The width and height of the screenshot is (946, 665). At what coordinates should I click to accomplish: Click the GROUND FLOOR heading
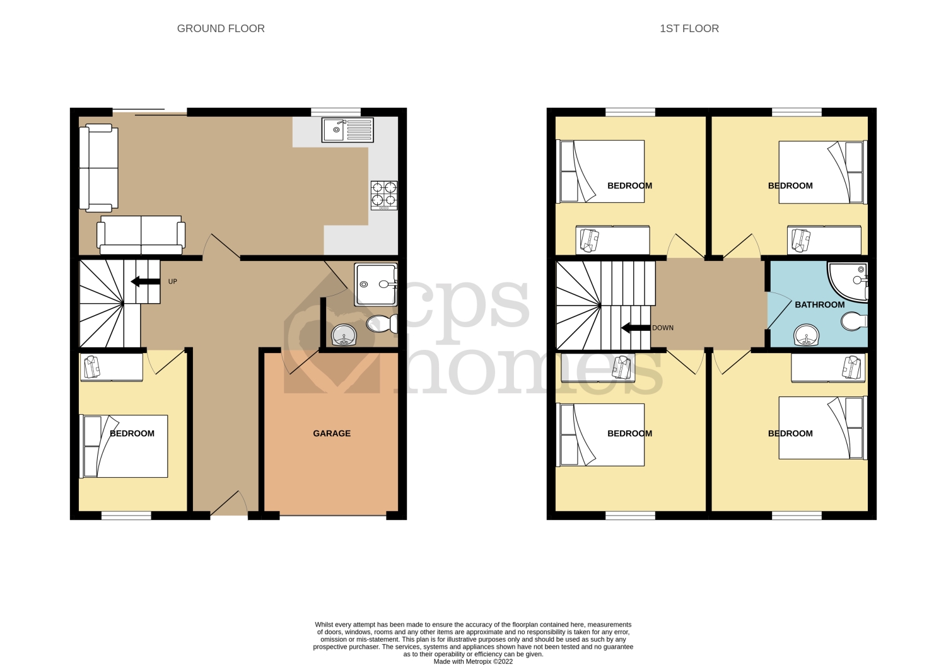(x=221, y=28)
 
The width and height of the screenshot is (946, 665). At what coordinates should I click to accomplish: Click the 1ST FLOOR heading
(x=689, y=28)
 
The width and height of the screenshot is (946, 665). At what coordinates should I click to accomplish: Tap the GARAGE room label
(x=332, y=434)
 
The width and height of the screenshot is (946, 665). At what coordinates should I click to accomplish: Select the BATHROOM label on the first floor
(x=819, y=304)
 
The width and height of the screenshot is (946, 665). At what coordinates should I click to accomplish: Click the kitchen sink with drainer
(x=347, y=130)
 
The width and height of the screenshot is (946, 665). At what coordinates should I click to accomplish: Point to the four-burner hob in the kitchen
(x=384, y=194)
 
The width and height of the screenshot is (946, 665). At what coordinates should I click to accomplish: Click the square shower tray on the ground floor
(x=375, y=284)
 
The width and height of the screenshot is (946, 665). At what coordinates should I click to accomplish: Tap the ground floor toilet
(x=382, y=324)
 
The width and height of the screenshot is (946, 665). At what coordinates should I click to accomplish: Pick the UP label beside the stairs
(x=172, y=282)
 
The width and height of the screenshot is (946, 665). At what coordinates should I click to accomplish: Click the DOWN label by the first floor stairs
(x=662, y=328)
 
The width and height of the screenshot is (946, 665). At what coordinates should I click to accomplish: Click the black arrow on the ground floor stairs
(x=144, y=282)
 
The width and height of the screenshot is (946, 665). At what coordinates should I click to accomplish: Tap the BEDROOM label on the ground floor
(x=132, y=434)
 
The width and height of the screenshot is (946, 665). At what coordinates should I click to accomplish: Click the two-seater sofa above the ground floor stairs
(x=141, y=235)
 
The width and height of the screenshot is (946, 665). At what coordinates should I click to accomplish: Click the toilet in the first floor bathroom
(x=855, y=321)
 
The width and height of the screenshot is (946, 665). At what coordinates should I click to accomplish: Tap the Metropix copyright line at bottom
(x=473, y=661)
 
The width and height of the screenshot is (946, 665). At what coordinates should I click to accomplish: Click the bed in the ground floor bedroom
(x=125, y=446)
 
